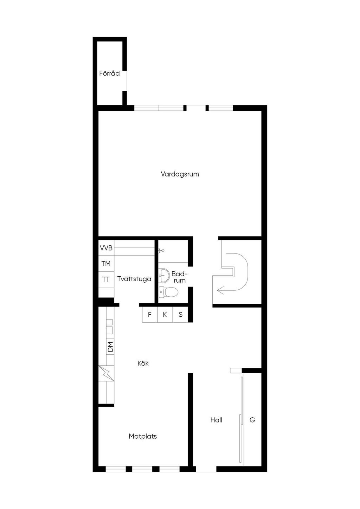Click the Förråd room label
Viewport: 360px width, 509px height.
point(109,73)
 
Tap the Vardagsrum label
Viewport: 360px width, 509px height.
point(180,174)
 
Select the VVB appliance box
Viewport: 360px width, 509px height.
point(106,248)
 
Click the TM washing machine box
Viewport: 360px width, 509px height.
point(106,264)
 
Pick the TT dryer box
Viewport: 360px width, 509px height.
point(106,279)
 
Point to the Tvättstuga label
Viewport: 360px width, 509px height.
point(134,279)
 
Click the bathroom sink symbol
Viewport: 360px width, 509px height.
point(163,276)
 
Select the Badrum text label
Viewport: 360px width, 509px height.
point(179,277)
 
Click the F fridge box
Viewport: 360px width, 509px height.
point(150,315)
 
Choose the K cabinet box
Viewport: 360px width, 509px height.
point(165,315)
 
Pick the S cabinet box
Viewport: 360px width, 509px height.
point(180,315)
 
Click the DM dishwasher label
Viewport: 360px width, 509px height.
point(110,347)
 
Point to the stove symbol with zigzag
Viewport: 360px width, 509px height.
point(106,373)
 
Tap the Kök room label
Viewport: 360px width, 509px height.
point(143,363)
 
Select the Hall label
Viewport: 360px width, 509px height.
point(216,420)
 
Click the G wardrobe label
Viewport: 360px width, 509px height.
point(252,420)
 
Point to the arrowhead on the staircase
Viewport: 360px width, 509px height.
point(220,290)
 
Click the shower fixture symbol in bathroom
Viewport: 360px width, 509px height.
point(161,251)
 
